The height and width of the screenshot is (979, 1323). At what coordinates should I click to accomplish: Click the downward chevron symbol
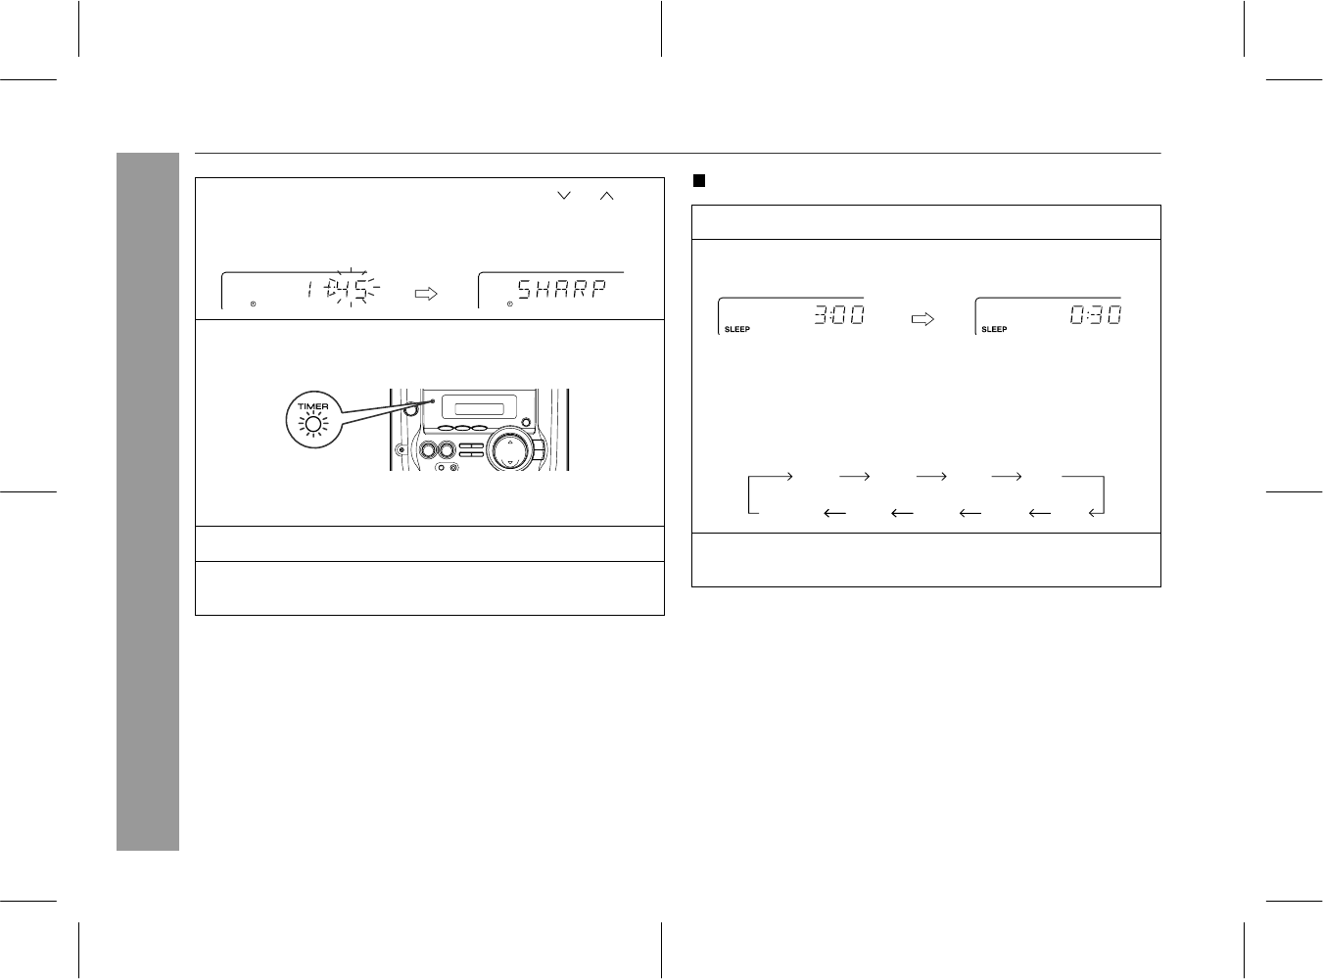pyautogui.click(x=564, y=195)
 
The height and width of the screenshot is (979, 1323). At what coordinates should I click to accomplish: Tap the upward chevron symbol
pyautogui.click(x=606, y=196)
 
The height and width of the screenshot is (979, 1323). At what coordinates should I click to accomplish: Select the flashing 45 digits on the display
pyautogui.click(x=352, y=289)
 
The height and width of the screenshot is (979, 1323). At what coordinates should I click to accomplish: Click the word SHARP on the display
pyautogui.click(x=562, y=289)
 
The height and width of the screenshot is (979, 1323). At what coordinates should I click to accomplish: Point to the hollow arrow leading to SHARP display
pyautogui.click(x=426, y=294)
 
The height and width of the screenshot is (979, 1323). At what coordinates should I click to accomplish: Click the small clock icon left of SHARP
pyautogui.click(x=509, y=303)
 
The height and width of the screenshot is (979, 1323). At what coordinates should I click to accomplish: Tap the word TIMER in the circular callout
pyautogui.click(x=313, y=406)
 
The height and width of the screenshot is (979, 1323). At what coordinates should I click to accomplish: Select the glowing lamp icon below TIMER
pyautogui.click(x=313, y=424)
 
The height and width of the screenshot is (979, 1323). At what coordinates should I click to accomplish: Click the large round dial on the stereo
pyautogui.click(x=510, y=449)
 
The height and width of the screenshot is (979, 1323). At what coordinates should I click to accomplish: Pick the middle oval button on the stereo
pyautogui.click(x=463, y=428)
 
